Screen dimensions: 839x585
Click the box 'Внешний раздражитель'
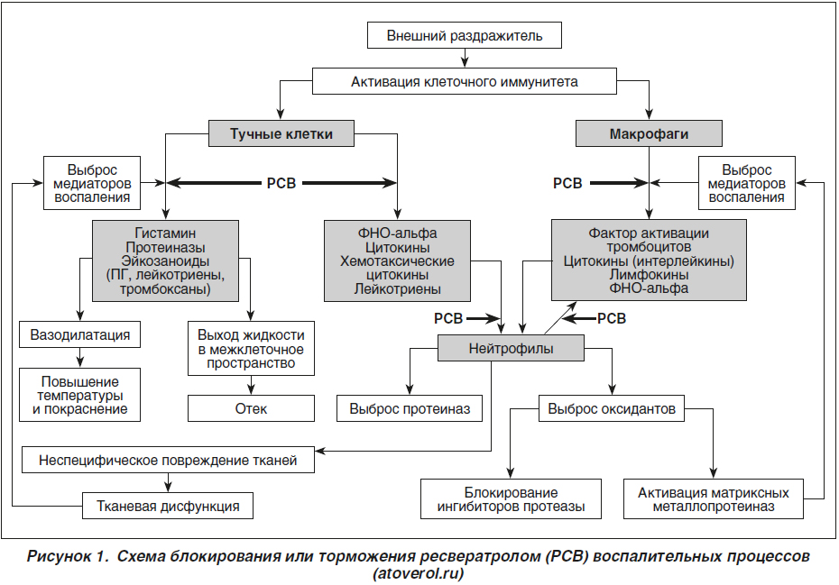pyautogui.click(x=465, y=35)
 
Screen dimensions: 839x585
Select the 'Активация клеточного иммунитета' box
pyautogui.click(x=465, y=81)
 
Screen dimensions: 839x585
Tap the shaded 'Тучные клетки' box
pyautogui.click(x=281, y=133)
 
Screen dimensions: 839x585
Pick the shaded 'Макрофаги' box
pyautogui.click(x=649, y=133)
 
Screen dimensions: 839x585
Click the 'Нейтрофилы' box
pyautogui.click(x=511, y=348)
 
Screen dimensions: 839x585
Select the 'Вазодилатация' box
pyautogui.click(x=79, y=334)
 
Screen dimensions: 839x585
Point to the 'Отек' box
pyautogui.click(x=251, y=408)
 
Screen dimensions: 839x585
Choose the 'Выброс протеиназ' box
pyautogui.click(x=410, y=408)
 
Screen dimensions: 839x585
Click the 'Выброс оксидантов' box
pyautogui.click(x=612, y=408)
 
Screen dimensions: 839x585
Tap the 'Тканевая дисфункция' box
pyautogui.click(x=168, y=506)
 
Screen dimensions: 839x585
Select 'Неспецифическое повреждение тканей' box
pyautogui.click(x=168, y=460)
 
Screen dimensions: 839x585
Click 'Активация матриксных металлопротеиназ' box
pyautogui.click(x=714, y=498)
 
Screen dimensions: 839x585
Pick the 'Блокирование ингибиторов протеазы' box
pyautogui.click(x=511, y=498)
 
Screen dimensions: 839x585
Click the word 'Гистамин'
pyautogui.click(x=165, y=233)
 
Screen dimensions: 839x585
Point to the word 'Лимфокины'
pyautogui.click(x=649, y=274)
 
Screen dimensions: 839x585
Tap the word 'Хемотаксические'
pyautogui.click(x=397, y=261)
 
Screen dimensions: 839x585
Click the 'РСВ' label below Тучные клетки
pyautogui.click(x=281, y=183)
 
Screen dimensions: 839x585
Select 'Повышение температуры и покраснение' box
pyautogui.click(x=79, y=395)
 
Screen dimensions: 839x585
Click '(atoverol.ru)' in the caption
pyautogui.click(x=418, y=574)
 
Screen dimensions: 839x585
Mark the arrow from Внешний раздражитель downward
pyautogui.click(x=465, y=58)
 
